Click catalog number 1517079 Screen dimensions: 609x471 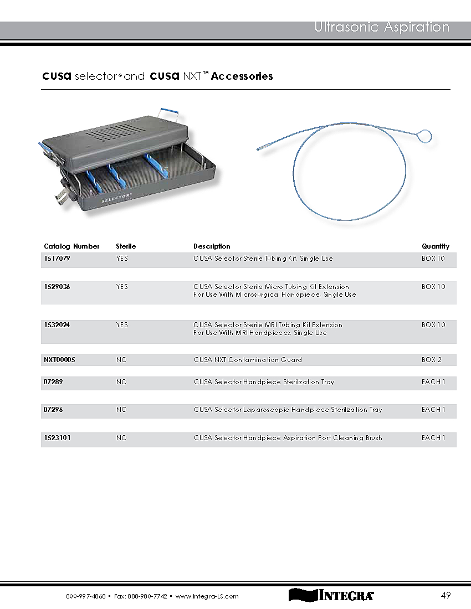57,259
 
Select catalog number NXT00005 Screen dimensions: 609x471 59,360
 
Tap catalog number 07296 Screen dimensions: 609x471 54,410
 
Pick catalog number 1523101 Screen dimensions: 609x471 57,438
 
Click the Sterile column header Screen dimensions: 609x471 126,246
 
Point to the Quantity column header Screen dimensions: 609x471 435,246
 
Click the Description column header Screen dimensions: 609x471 212,246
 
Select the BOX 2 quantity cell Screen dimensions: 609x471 432,360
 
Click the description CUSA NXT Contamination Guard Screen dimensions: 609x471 248,360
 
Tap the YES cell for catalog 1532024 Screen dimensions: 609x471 122,325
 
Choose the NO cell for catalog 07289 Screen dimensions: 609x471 121,382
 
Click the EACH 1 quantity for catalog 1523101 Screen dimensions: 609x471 433,438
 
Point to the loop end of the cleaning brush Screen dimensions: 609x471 425,135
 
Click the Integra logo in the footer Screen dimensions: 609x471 331,596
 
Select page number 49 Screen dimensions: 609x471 446,596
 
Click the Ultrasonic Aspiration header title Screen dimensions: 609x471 382,27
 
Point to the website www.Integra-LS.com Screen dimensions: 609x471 207,596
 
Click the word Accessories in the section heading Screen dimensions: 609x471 242,76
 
